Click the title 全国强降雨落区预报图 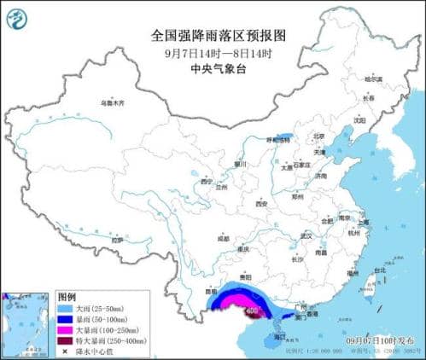[x=212, y=37]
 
